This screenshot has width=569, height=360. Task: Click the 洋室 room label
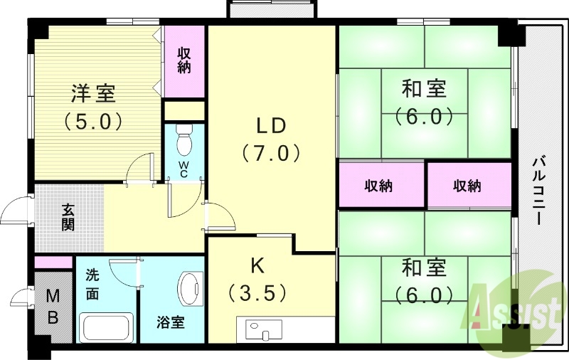click(93, 92)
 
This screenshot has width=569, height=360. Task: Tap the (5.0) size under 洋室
click(93, 121)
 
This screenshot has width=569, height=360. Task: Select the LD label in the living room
click(271, 126)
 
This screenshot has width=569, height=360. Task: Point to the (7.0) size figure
click(271, 153)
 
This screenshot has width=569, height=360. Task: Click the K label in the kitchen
click(257, 265)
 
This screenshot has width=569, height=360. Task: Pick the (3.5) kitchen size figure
click(257, 292)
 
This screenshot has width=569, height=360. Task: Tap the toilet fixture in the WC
click(184, 139)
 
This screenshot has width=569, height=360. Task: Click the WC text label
click(184, 171)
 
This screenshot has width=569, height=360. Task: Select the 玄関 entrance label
click(68, 217)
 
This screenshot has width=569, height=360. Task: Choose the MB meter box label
click(53, 307)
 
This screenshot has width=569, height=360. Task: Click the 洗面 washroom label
click(93, 284)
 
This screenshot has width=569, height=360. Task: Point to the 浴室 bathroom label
click(171, 322)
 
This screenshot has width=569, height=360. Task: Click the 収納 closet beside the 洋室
click(184, 60)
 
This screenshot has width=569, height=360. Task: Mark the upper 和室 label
click(425, 90)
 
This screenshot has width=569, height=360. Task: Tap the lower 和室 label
click(425, 268)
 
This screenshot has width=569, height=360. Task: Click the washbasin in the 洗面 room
click(107, 329)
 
